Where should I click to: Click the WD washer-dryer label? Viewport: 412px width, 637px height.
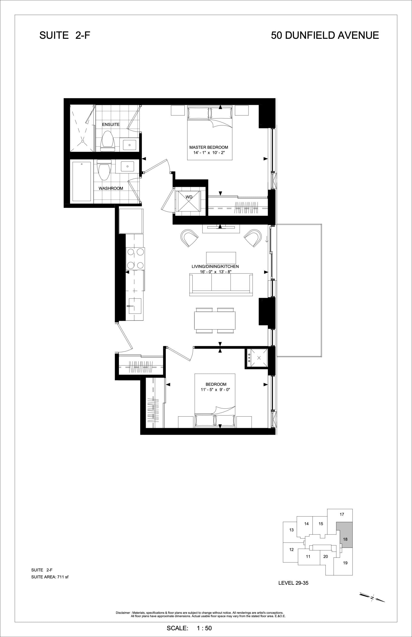point(189,197)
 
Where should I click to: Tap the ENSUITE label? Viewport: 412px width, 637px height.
point(111,124)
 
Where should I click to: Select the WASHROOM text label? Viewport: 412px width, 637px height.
point(111,188)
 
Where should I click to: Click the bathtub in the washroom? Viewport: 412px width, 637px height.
point(82,181)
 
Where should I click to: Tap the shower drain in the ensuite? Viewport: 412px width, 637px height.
point(83,141)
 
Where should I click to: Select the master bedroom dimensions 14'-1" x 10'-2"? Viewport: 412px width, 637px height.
point(209,153)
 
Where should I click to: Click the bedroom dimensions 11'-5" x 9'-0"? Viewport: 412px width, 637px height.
point(215,390)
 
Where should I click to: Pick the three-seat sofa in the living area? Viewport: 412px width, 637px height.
point(221,285)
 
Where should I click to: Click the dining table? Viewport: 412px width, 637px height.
point(215,320)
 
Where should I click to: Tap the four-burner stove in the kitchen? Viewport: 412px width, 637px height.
point(135,259)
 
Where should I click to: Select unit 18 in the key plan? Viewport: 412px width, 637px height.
point(345,539)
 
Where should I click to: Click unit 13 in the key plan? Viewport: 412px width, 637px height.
point(291,530)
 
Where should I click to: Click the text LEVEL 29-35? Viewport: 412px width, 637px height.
point(293,583)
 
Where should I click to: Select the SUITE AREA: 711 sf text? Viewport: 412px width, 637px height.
point(50,577)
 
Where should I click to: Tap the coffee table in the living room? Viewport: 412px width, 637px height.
point(221,258)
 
